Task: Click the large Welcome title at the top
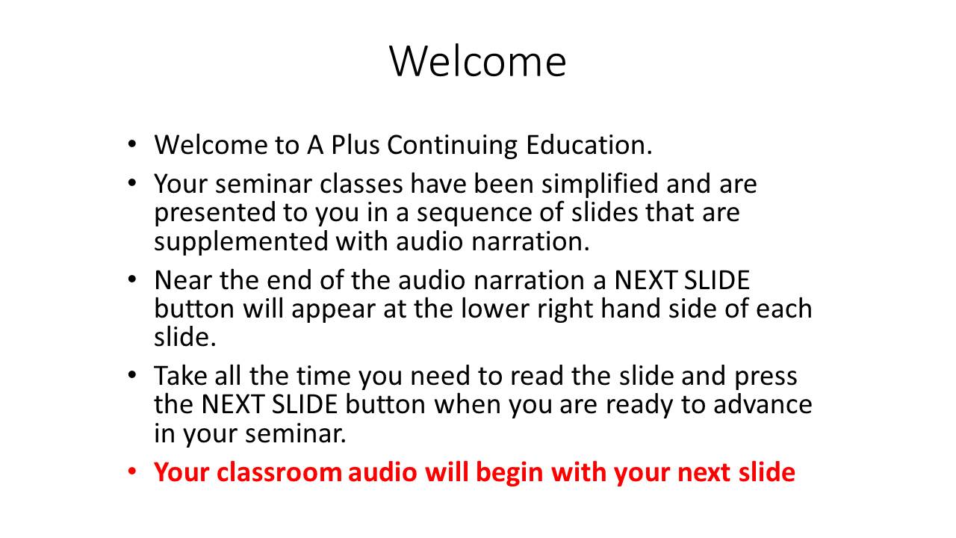[x=477, y=61]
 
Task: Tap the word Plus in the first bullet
[x=355, y=145]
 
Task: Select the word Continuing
[x=453, y=146]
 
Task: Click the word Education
[x=589, y=145]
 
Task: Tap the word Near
[x=183, y=280]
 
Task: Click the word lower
[x=495, y=309]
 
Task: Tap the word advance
[x=763, y=404]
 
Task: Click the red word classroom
[x=279, y=472]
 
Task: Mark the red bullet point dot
[x=132, y=472]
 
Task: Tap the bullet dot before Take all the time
[x=132, y=376]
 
